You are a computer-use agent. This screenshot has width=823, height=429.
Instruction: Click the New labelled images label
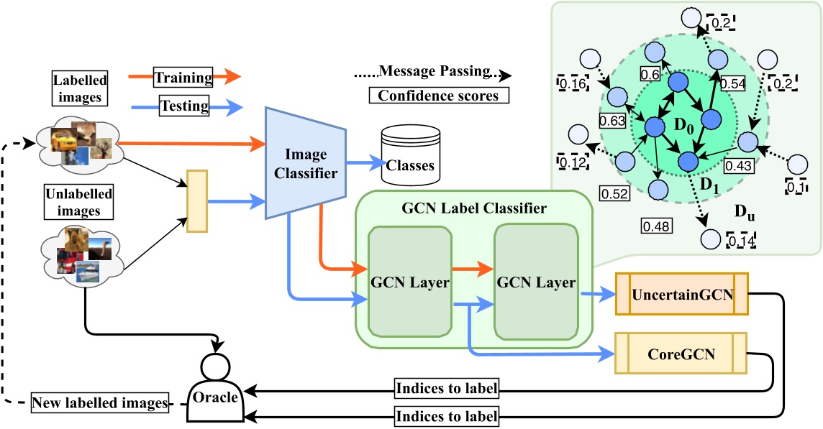click(100, 403)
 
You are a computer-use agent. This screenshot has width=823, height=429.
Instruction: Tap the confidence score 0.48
click(655, 226)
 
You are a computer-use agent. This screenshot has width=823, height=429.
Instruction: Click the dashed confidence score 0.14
click(740, 241)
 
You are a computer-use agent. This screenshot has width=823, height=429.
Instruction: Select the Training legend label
click(184, 78)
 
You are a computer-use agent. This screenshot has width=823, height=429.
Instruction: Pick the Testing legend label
click(184, 107)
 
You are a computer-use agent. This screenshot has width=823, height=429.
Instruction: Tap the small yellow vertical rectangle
click(196, 201)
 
